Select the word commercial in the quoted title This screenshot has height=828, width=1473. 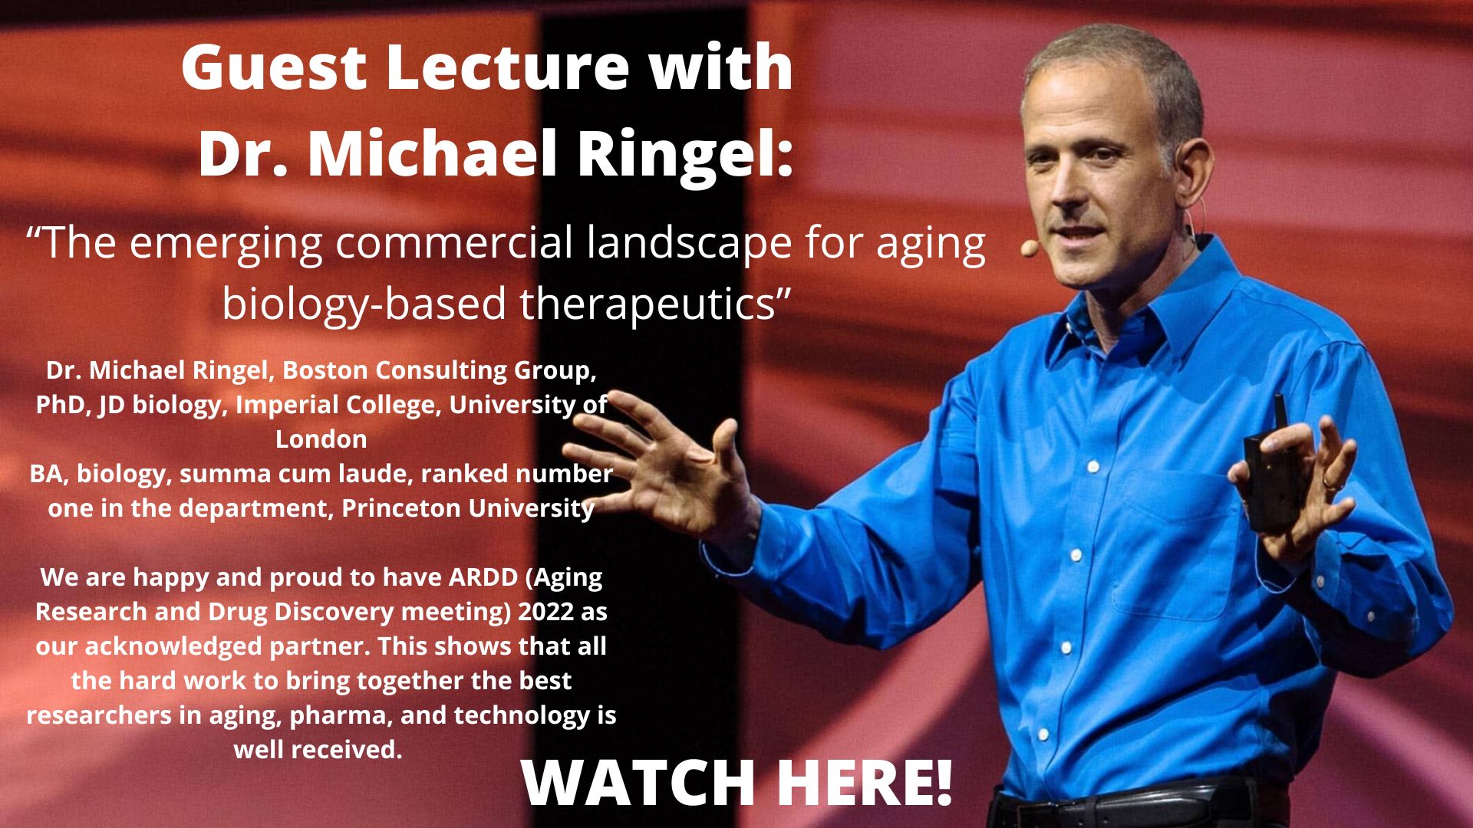point(455,243)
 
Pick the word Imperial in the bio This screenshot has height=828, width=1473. point(282,405)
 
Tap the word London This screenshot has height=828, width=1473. point(321,439)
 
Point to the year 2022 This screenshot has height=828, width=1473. point(545,612)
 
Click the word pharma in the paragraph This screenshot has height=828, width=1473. point(338,716)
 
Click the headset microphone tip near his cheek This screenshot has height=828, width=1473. point(1026,248)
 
